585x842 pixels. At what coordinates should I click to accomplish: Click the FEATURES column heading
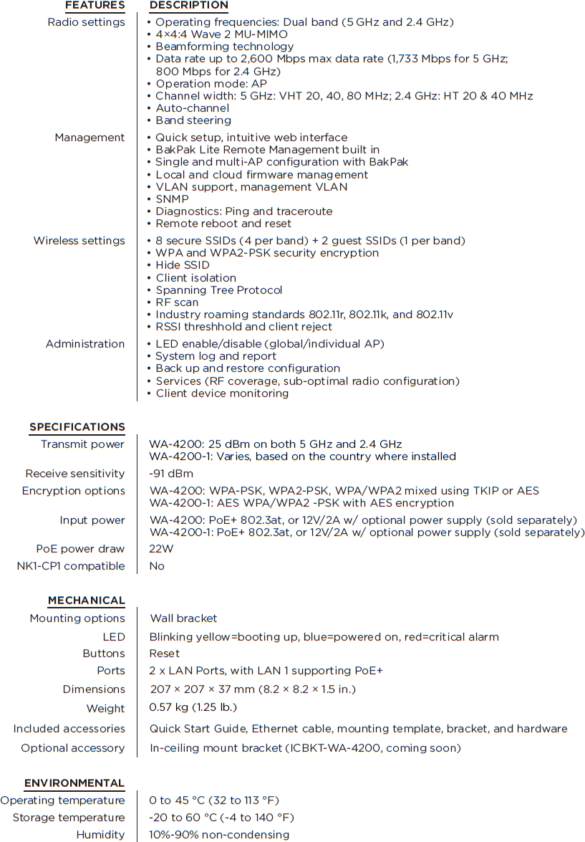[x=95, y=6]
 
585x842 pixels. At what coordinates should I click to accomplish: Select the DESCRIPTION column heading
[x=188, y=6]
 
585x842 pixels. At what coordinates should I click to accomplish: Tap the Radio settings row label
[x=86, y=22]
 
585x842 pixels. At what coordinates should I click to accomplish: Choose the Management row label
[x=90, y=138]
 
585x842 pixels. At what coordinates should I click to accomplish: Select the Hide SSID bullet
[x=183, y=265]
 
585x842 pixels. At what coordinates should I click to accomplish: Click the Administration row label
[x=85, y=344]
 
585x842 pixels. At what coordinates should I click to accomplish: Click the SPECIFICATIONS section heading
[x=77, y=427]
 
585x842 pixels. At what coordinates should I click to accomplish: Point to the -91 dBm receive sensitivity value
[x=171, y=474]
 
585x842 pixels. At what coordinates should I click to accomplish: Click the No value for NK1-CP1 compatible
[x=157, y=566]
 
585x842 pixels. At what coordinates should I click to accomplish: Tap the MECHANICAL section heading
[x=87, y=601]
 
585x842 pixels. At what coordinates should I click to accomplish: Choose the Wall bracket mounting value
[x=183, y=618]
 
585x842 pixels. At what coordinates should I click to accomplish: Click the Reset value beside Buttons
[x=165, y=654]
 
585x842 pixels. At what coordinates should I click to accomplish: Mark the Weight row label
[x=105, y=709]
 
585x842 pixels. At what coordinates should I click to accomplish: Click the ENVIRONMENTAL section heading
[x=74, y=783]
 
